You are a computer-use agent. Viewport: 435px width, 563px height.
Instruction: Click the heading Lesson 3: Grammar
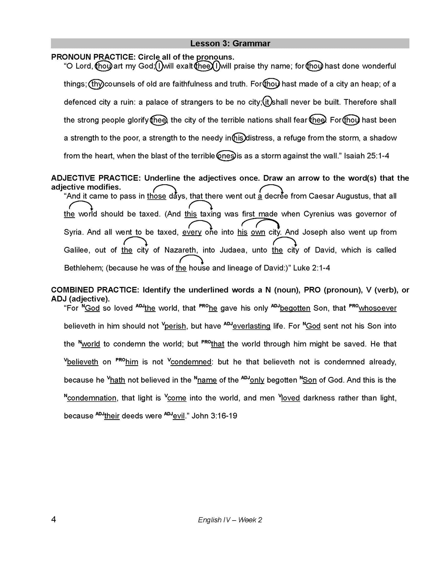coord(230,44)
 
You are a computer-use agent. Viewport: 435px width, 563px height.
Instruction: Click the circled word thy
coord(96,84)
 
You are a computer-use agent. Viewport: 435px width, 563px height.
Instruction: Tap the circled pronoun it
coord(267,102)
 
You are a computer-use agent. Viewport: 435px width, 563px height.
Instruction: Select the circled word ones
coord(226,156)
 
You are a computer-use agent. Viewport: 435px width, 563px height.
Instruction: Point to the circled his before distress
coord(239,138)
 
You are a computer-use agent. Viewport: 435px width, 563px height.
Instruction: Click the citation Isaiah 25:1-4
coord(366,156)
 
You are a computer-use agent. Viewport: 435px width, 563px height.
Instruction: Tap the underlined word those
coord(157,196)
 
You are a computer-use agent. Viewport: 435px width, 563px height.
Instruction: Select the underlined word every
coord(192,232)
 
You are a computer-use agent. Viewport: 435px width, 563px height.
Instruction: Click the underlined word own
coord(258,232)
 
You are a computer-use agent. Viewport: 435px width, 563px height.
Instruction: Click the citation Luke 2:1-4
coord(311,268)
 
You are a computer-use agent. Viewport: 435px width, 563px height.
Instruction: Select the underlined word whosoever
coord(378,308)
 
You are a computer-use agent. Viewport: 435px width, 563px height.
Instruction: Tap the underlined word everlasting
coord(251,326)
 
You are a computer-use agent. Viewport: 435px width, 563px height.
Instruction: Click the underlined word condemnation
coord(92,398)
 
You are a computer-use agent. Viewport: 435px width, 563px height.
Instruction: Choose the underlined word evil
coord(179,416)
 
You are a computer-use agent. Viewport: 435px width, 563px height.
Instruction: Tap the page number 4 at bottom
coord(54,520)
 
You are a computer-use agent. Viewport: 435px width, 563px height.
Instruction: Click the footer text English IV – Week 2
coord(230,520)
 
